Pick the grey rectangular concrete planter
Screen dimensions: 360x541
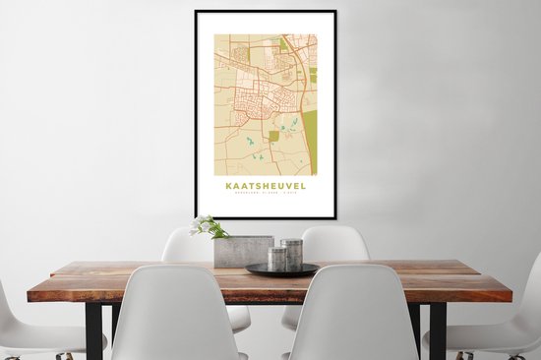point(242,252)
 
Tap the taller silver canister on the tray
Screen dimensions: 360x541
point(292,254)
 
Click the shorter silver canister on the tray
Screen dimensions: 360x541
point(278,259)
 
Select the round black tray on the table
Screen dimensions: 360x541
point(281,270)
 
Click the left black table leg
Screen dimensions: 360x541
point(94,330)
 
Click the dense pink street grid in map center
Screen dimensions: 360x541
point(258,98)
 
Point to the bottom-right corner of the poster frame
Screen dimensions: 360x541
point(334,216)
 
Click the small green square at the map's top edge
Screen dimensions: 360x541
point(283,44)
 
